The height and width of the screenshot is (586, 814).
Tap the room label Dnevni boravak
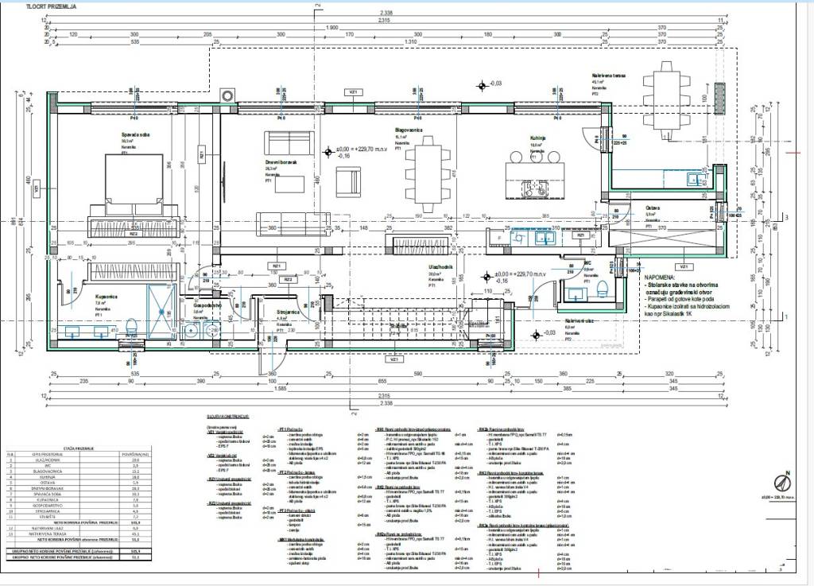click(x=281, y=161)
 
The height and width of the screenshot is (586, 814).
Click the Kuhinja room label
click(x=541, y=137)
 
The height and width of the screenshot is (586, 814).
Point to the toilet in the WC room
click(x=602, y=289)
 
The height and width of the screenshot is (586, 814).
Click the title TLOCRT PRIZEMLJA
click(x=52, y=6)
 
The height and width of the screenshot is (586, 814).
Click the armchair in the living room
click(x=347, y=183)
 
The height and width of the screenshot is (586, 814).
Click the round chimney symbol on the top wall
click(x=229, y=95)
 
